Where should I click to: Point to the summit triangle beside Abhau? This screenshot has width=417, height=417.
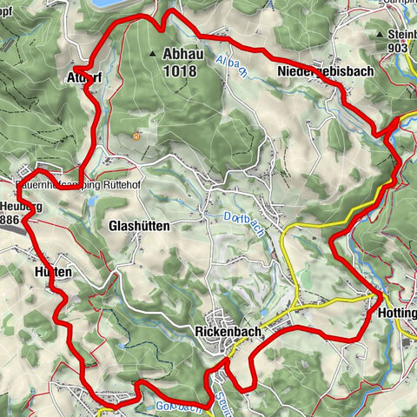(153, 53)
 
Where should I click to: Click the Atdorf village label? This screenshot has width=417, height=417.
(84, 76)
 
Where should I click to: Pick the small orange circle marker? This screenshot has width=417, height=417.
(136, 136)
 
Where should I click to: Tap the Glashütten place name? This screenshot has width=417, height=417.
(140, 225)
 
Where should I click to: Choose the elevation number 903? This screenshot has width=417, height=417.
(399, 49)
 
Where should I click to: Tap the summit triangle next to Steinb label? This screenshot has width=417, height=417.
(381, 34)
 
